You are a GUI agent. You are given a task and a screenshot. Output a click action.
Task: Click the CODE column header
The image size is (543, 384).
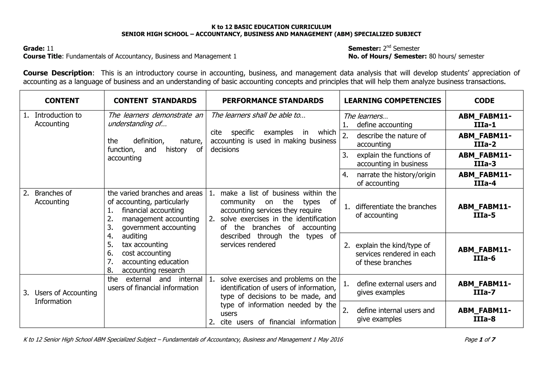484,101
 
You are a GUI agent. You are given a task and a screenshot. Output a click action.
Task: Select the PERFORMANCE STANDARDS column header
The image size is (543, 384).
273,101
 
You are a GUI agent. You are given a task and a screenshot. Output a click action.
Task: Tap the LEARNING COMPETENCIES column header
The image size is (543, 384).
392,101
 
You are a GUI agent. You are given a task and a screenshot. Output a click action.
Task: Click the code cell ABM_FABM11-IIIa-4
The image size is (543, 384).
485,179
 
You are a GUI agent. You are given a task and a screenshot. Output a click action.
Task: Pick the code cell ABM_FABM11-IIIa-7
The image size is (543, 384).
484,288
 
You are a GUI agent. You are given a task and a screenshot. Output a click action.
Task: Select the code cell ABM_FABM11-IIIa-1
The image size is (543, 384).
485,120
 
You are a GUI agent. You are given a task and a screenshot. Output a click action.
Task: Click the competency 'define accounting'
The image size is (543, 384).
384,125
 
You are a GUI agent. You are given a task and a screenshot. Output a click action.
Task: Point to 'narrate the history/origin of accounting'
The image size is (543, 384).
396,179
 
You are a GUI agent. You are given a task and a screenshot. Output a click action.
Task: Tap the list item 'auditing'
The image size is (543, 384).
134,236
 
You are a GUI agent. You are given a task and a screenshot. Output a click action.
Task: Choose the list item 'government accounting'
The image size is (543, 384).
159,228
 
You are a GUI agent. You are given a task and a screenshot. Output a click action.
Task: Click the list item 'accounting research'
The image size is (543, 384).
153,270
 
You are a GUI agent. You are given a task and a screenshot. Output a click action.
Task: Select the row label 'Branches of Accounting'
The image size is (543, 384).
53,197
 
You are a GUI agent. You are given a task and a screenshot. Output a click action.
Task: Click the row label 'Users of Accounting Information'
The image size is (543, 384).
65,297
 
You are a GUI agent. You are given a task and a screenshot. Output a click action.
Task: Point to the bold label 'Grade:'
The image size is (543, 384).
34,48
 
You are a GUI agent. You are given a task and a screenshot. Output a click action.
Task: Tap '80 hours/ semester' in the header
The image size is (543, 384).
456,56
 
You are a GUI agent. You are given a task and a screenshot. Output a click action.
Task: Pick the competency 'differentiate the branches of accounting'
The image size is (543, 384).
396,211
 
